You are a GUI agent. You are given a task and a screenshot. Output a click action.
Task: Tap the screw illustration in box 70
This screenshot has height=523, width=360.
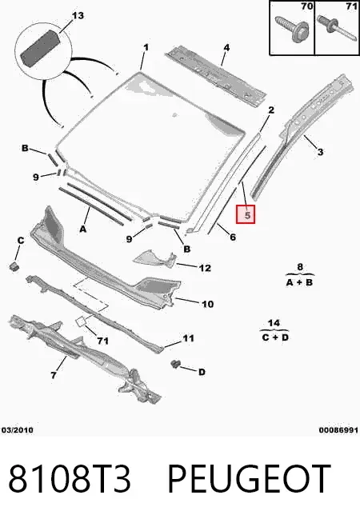pyautogui.click(x=292, y=29)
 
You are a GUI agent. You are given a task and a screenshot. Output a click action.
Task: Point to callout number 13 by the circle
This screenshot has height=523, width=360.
pyautogui.click(x=78, y=15)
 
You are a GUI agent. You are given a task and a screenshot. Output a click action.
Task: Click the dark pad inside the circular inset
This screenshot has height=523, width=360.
pyautogui.click(x=40, y=47)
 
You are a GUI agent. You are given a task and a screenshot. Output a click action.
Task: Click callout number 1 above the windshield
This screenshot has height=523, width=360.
pyautogui.click(x=146, y=47)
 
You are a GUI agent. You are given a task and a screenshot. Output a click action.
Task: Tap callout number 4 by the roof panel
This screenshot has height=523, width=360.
pyautogui.click(x=226, y=47)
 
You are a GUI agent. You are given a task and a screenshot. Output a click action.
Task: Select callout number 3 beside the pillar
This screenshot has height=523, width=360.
pyautogui.click(x=320, y=152)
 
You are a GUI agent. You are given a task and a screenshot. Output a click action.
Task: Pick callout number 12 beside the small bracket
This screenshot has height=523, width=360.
pyautogui.click(x=205, y=268)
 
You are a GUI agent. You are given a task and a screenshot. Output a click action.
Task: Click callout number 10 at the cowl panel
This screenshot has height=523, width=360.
pyautogui.click(x=207, y=304)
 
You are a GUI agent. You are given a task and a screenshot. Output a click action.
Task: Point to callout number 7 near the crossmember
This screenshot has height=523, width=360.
pyautogui.click(x=54, y=375)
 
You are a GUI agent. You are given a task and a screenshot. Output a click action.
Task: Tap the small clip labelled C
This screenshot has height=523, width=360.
pyautogui.click(x=14, y=266)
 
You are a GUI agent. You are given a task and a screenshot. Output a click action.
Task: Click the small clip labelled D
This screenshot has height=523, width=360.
pyautogui.click(x=175, y=364)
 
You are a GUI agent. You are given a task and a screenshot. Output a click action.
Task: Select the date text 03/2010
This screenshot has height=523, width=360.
pyautogui.click(x=18, y=430)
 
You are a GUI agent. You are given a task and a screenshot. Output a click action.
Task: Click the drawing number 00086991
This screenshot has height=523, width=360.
pyautogui.click(x=338, y=430)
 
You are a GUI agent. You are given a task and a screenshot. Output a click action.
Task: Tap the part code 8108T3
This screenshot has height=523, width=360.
pyautogui.click(x=70, y=479)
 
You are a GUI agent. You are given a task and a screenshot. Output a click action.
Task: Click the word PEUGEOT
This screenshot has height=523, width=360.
pyautogui.click(x=249, y=479)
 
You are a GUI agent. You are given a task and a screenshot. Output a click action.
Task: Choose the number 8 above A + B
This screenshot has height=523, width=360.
pyautogui.click(x=300, y=267)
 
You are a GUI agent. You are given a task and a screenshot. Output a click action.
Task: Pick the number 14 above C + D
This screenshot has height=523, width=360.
pyautogui.click(x=274, y=323)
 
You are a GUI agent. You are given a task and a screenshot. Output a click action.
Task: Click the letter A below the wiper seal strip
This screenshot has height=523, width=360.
pyautogui.click(x=83, y=230)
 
